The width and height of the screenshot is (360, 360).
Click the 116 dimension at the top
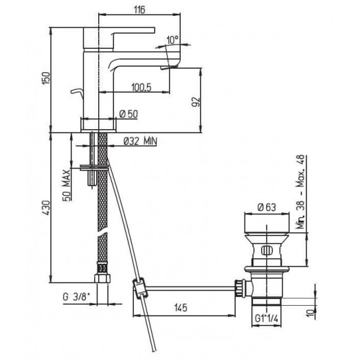pyautogui.click(x=139, y=10)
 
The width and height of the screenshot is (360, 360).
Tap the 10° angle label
pyautogui.click(x=172, y=40)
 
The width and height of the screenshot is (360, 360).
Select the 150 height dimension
pyautogui.click(x=46, y=78)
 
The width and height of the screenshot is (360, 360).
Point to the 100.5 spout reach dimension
pyautogui.click(x=142, y=87)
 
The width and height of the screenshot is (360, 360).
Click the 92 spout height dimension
pyautogui.click(x=196, y=102)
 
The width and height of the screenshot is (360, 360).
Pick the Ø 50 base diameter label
pyautogui.click(x=128, y=114)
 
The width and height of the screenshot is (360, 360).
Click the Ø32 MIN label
pyautogui.click(x=140, y=141)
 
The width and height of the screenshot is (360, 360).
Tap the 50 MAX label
pyautogui.click(x=66, y=185)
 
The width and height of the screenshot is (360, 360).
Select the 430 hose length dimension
pyautogui.click(x=46, y=207)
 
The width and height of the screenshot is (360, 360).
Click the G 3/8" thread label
pyautogui.click(x=76, y=297)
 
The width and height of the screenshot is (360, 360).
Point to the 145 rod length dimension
pyautogui.click(x=181, y=308)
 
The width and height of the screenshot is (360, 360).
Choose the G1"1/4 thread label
pyautogui.click(x=267, y=319)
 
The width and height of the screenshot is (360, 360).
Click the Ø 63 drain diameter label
pyautogui.click(x=267, y=207)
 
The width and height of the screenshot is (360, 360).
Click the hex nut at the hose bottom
pyautogui.click(x=102, y=278)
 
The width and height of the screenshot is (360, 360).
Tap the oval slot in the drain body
pyautogui.click(x=267, y=250)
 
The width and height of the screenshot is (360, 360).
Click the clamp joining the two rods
pyautogui.click(x=139, y=288)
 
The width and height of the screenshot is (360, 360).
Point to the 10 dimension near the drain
pyautogui.click(x=311, y=313)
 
